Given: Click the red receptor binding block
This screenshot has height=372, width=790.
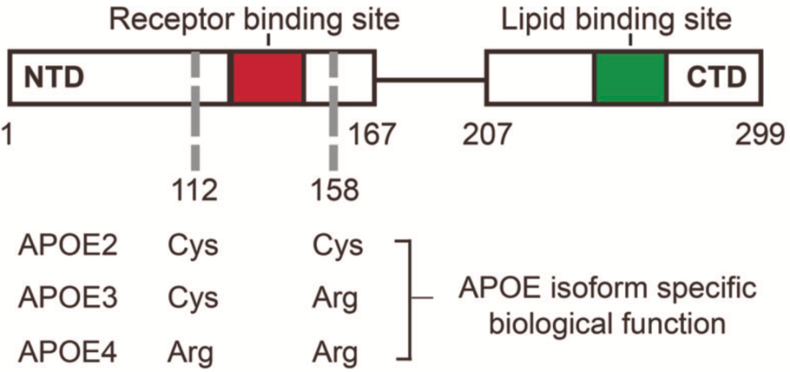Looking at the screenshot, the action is coord(268,78).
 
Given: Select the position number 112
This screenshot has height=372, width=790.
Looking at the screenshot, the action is coord(195,190).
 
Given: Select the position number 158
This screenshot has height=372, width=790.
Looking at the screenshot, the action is coord(335,190).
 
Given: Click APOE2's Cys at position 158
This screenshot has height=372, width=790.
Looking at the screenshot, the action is coord(337,248).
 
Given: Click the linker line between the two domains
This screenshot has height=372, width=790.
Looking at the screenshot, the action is coord(430,79).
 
